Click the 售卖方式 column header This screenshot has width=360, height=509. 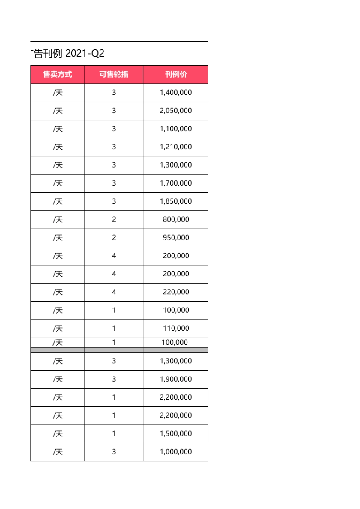coord(58,74)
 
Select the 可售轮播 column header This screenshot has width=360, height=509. coord(114,74)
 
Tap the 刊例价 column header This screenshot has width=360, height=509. coord(176,74)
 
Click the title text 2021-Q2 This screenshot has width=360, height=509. coord(85,53)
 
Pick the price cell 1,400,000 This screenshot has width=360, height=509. coord(176,93)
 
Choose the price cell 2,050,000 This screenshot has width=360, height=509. coord(176,111)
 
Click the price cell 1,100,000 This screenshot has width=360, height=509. coord(176,129)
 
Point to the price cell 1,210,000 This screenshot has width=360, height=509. coord(176,147)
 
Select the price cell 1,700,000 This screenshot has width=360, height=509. coord(176,183)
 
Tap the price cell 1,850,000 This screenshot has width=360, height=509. coord(176,201)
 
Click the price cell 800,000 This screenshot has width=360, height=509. coord(176,219)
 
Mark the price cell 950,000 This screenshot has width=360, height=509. coord(176,238)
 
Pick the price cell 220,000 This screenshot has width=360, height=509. coord(176,292)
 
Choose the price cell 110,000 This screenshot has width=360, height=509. coord(176,328)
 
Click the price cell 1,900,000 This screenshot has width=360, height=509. coord(176,379)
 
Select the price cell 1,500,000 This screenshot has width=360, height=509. coord(176,433)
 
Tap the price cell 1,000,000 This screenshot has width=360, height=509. coord(176,452)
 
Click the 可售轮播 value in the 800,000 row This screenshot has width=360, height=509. coord(114,219)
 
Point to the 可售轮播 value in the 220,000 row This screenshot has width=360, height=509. coord(114,292)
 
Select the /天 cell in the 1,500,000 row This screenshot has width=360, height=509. coord(58,434)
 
